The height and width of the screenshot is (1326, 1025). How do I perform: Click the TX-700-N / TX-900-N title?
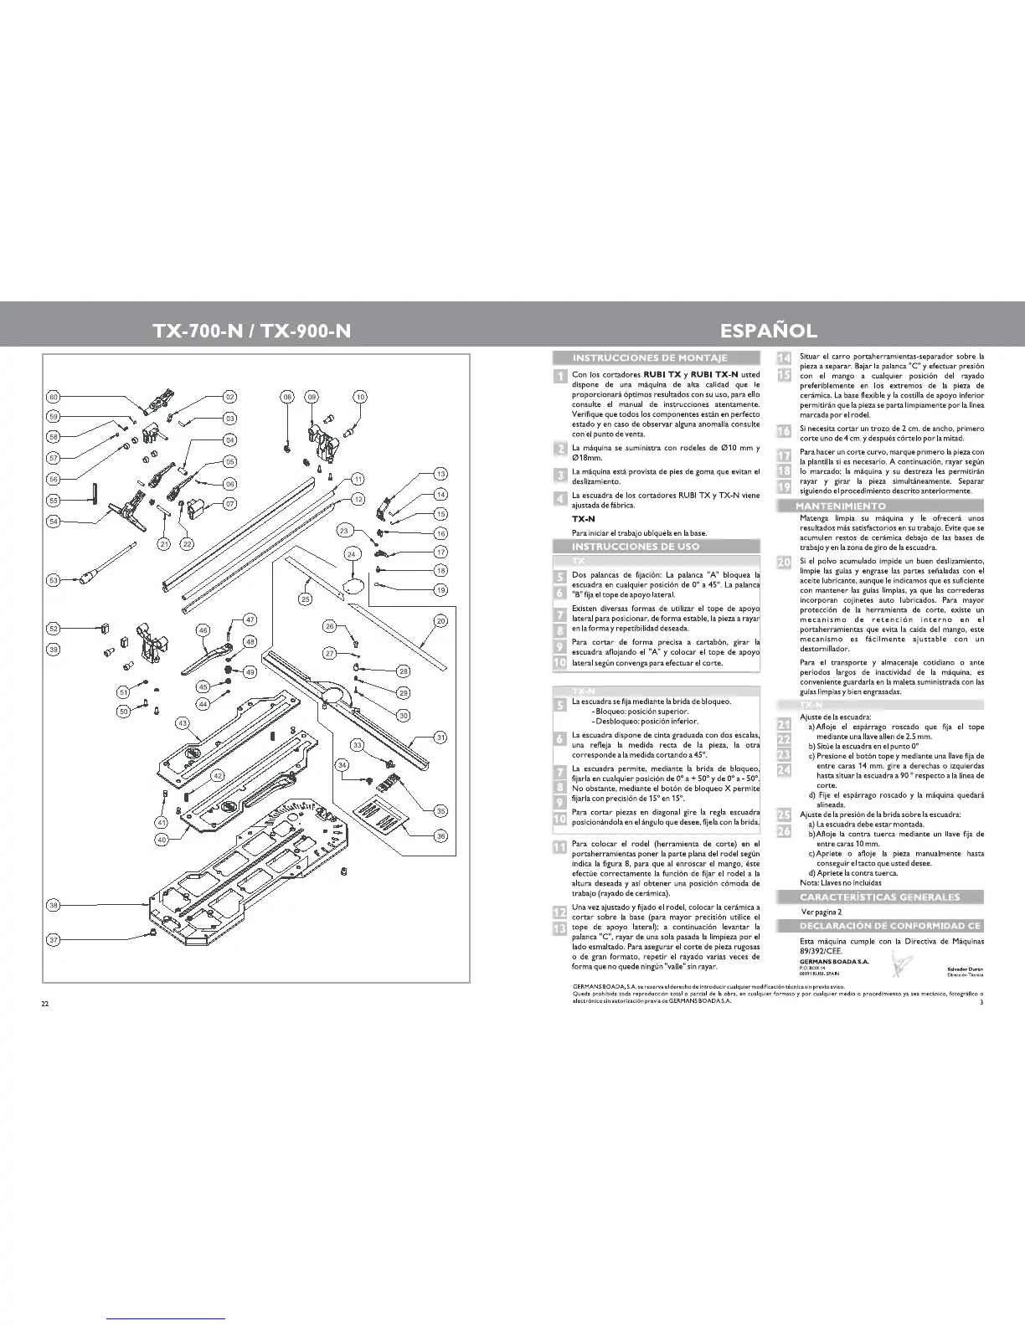pyautogui.click(x=251, y=330)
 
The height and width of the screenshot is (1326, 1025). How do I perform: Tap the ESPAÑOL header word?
pyautogui.click(x=769, y=330)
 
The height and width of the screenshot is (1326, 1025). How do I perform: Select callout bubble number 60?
pyautogui.click(x=54, y=397)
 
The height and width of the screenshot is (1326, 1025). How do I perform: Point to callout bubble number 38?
pyautogui.click(x=54, y=906)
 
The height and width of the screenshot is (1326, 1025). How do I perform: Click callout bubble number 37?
pyautogui.click(x=54, y=940)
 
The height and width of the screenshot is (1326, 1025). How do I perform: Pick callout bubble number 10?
pyautogui.click(x=360, y=397)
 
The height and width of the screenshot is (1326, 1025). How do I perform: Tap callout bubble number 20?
pyautogui.click(x=441, y=621)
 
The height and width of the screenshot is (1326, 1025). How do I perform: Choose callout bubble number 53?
pyautogui.click(x=54, y=579)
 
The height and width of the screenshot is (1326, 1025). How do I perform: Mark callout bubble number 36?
pyautogui.click(x=441, y=835)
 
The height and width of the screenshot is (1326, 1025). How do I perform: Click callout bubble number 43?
pyautogui.click(x=183, y=722)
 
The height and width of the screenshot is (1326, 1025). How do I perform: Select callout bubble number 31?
pyautogui.click(x=441, y=738)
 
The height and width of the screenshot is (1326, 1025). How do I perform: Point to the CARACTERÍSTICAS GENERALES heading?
pyautogui.click(x=879, y=897)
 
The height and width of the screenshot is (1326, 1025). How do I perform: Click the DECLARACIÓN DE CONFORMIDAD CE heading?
pyautogui.click(x=878, y=926)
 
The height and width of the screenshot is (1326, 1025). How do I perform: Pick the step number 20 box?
pyautogui.click(x=784, y=563)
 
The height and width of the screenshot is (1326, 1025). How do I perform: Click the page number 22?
pyautogui.click(x=45, y=1004)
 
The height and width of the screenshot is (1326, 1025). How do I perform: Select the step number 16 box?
pyautogui.click(x=784, y=431)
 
